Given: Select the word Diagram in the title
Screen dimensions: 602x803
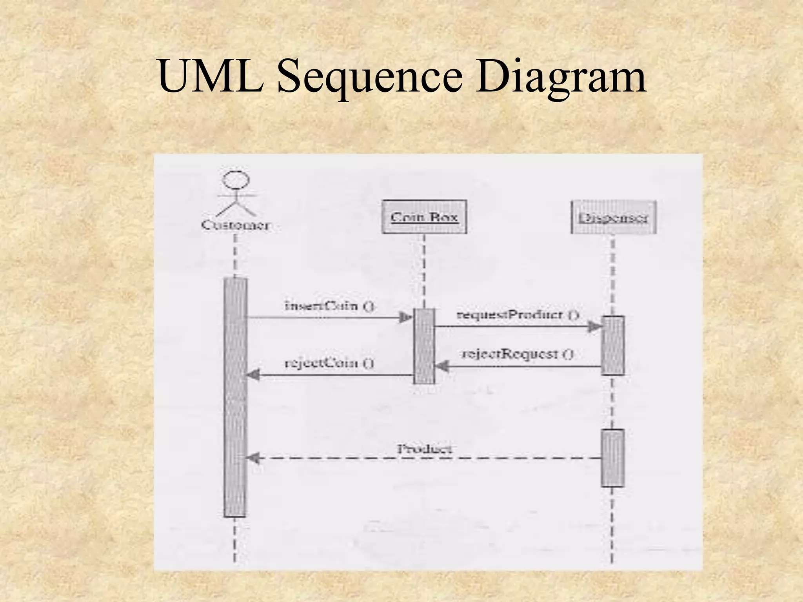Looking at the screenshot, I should coord(560,78).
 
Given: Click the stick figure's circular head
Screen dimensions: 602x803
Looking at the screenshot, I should coord(236,180).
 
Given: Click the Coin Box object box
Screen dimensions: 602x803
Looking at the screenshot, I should coord(424,217).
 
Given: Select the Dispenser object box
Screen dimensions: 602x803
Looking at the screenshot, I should coord(613,218).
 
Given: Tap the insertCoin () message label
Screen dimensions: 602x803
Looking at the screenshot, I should coord(329,306).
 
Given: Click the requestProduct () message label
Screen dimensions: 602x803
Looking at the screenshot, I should coord(518,314).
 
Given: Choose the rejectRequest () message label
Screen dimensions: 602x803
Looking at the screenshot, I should coord(518,354).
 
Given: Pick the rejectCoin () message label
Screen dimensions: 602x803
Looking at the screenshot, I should coord(329,363).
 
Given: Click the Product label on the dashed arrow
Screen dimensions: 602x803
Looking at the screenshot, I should coord(425,449).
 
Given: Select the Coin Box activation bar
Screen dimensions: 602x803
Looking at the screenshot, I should coord(424,346).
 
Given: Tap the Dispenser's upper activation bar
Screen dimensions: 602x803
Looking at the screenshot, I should coord(613,345).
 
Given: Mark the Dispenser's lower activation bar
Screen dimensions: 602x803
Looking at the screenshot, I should coord(613,458).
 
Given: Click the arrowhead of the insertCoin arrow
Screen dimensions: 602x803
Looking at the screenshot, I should coord(406,317).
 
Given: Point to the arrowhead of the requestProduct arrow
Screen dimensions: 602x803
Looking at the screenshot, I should coord(594,326).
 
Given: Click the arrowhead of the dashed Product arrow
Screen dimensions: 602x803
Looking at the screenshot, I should coord(253,458).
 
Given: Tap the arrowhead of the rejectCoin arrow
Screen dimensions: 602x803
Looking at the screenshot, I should coord(253,375).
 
